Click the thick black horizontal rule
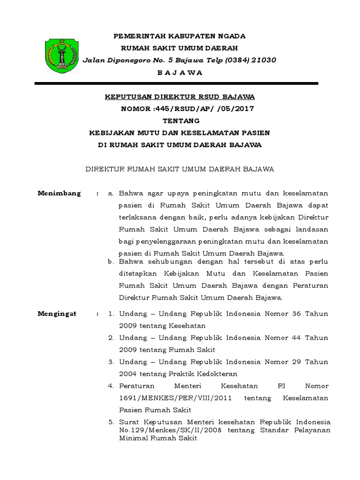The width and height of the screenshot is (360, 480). coord(177,83)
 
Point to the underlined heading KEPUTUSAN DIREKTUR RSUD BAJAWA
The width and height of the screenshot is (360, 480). coord(180,97)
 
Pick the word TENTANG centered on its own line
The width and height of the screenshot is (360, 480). coord(180,121)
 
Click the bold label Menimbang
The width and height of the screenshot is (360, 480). coord(59,193)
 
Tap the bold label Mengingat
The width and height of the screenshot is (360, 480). coord(58,314)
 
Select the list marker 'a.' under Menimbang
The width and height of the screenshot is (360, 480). coord(111,193)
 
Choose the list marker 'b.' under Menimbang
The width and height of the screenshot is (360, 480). coord(111,261)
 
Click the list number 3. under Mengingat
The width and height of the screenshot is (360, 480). coord(111,362)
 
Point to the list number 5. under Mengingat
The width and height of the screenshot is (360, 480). coord(111,422)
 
